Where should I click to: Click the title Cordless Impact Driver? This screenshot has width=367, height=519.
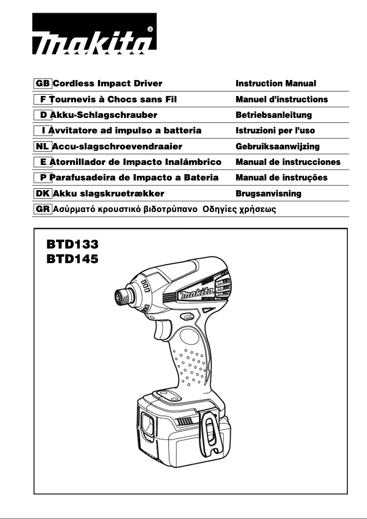pyautogui.click(x=108, y=84)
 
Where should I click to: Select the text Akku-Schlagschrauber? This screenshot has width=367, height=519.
pyautogui.click(x=103, y=115)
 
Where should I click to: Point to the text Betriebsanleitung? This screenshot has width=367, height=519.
pyautogui.click(x=274, y=115)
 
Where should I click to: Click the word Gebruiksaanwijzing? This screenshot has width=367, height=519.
pyautogui.click(x=277, y=147)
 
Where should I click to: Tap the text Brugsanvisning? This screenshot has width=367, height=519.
pyautogui.click(x=268, y=194)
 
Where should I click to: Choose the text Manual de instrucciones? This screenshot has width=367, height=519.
pyautogui.click(x=288, y=162)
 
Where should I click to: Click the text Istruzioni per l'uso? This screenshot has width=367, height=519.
pyautogui.click(x=275, y=131)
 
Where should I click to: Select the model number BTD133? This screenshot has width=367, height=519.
pyautogui.click(x=72, y=244)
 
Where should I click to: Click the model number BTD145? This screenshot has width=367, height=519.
pyautogui.click(x=72, y=259)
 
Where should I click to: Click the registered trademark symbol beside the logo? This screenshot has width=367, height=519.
pyautogui.click(x=150, y=29)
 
